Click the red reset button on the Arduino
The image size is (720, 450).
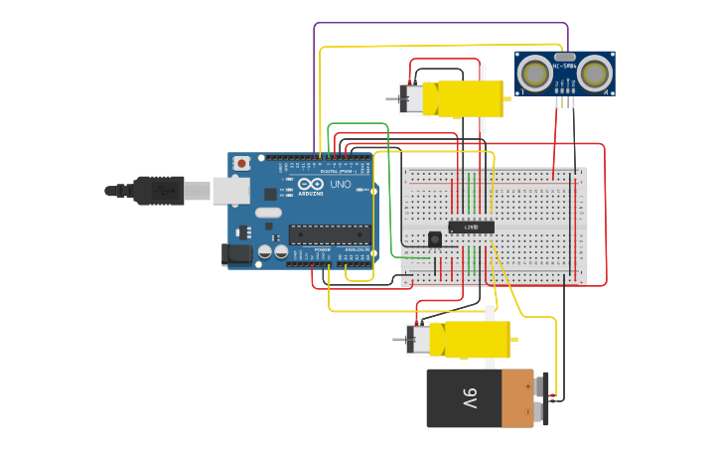241,163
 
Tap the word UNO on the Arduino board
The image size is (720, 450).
340,185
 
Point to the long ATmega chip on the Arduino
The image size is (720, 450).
329,234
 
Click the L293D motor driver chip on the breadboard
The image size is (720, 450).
471,226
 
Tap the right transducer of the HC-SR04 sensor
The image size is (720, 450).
594,73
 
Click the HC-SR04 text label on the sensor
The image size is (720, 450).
565,66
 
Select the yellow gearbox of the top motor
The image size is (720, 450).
462,98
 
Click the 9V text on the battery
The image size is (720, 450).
470,398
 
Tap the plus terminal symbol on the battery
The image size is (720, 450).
542,384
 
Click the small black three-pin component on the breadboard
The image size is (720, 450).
434,239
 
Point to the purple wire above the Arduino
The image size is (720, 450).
441,23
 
